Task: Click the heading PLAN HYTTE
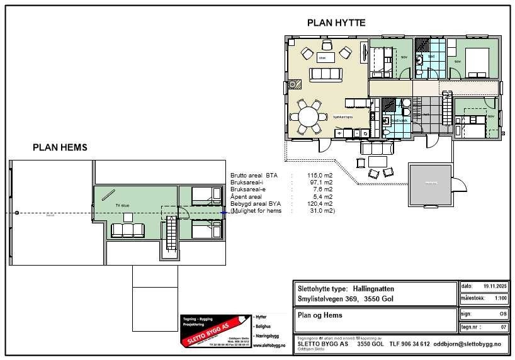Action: (x=336, y=23)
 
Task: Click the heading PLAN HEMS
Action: (x=60, y=147)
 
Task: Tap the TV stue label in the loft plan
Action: (x=113, y=205)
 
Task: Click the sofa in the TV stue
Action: (x=127, y=230)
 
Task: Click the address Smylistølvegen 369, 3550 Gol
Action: (x=344, y=299)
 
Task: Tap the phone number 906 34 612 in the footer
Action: (x=416, y=344)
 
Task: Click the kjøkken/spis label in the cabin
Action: (x=343, y=117)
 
